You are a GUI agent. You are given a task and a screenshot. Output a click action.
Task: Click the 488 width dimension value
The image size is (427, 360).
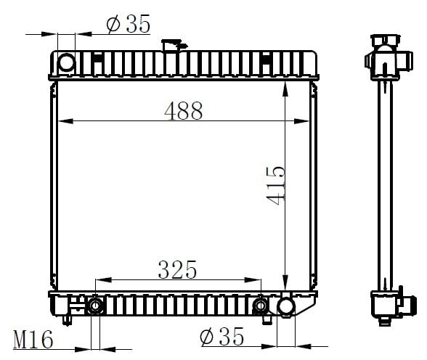(x=184, y=111)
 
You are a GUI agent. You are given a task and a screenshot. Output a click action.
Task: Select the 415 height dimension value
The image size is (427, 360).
(x=276, y=185)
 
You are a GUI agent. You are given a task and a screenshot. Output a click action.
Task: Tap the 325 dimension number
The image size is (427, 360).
(x=177, y=270)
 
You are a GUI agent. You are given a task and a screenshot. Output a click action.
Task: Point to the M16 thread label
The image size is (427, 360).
(x=33, y=340)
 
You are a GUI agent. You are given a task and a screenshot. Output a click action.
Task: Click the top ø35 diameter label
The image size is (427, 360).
(x=129, y=24)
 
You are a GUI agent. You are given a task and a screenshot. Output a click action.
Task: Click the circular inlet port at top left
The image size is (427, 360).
(x=66, y=62)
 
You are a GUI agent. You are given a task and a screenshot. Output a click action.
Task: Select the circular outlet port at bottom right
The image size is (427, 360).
(x=286, y=307)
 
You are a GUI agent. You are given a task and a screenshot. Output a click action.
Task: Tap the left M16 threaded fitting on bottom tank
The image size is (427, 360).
(x=95, y=306)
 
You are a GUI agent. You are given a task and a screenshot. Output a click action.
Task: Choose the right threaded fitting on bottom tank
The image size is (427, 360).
(x=261, y=306)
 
